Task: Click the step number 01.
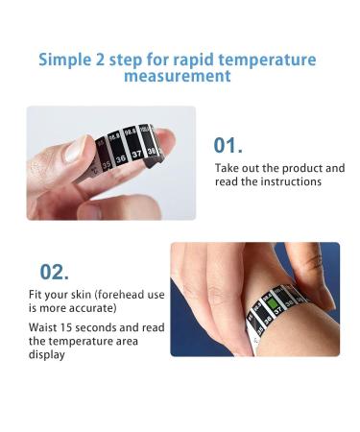[228, 145]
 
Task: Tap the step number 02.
[54, 272]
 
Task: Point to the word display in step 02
[46, 354]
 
